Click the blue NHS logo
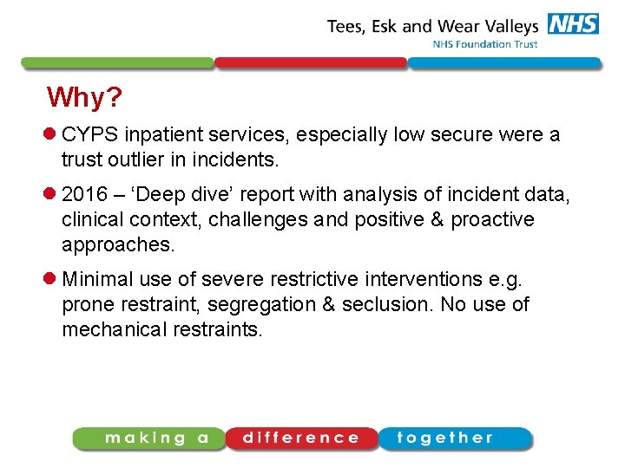pyautogui.click(x=573, y=24)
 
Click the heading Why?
pyautogui.click(x=85, y=98)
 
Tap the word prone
pyautogui.click(x=86, y=304)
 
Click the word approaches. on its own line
pyautogui.click(x=118, y=245)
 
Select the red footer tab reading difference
pyautogui.click(x=300, y=439)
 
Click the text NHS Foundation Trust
pyautogui.click(x=485, y=44)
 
